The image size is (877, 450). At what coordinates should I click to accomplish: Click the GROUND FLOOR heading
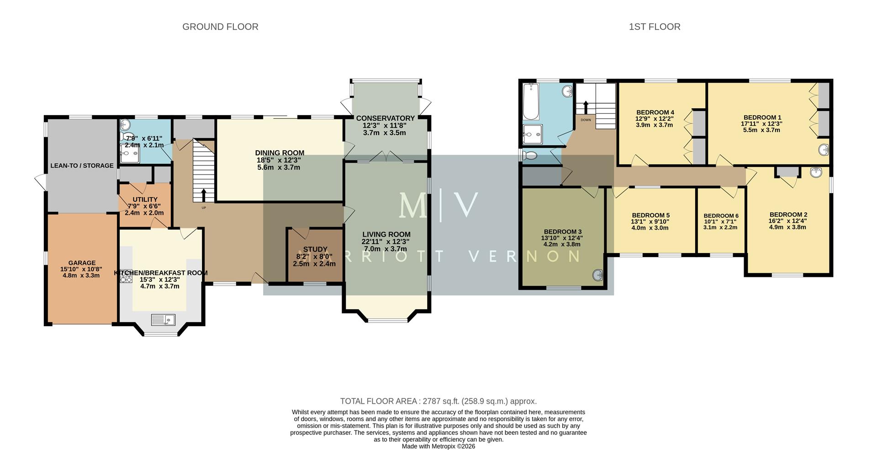(220, 27)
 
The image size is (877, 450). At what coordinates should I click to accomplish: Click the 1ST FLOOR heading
(654, 27)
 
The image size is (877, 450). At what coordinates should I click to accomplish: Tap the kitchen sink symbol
(163, 319)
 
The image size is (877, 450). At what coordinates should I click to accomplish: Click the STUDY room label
(315, 249)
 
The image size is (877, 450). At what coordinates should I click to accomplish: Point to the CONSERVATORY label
(385, 118)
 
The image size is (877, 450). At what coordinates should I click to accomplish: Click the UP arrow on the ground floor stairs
(204, 196)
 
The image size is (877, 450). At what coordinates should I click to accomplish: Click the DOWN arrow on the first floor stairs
(586, 108)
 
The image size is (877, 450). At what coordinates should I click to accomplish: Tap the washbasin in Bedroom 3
(598, 275)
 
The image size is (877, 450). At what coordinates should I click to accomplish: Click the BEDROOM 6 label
(721, 216)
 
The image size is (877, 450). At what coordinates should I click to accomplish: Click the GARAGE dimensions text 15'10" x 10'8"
(82, 269)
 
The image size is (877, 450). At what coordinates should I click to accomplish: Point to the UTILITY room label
(145, 200)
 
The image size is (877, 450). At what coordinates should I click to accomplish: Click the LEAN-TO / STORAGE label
(82, 165)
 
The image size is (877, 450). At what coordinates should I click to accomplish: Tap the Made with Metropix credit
(438, 446)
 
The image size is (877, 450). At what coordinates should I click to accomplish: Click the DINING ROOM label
(280, 153)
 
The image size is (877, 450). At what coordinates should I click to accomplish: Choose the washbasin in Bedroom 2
(816, 172)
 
